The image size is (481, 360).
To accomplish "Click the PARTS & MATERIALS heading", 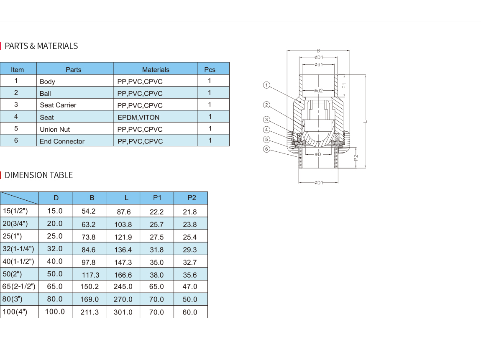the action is tap(41, 46).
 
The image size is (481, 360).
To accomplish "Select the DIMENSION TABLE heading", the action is tap(38, 175).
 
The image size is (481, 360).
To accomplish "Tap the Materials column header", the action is tap(156, 69).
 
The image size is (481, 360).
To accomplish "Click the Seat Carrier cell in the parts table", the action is tap(58, 105).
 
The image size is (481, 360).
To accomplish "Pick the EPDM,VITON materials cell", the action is tap(138, 117).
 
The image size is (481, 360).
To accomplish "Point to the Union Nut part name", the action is tap(55, 129).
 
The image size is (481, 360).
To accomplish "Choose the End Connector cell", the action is tap(62, 141).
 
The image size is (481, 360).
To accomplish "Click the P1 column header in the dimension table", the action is tap(157, 198).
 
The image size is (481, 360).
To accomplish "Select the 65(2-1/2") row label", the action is tap(19, 286).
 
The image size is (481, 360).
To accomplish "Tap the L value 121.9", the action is tap(123, 237).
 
